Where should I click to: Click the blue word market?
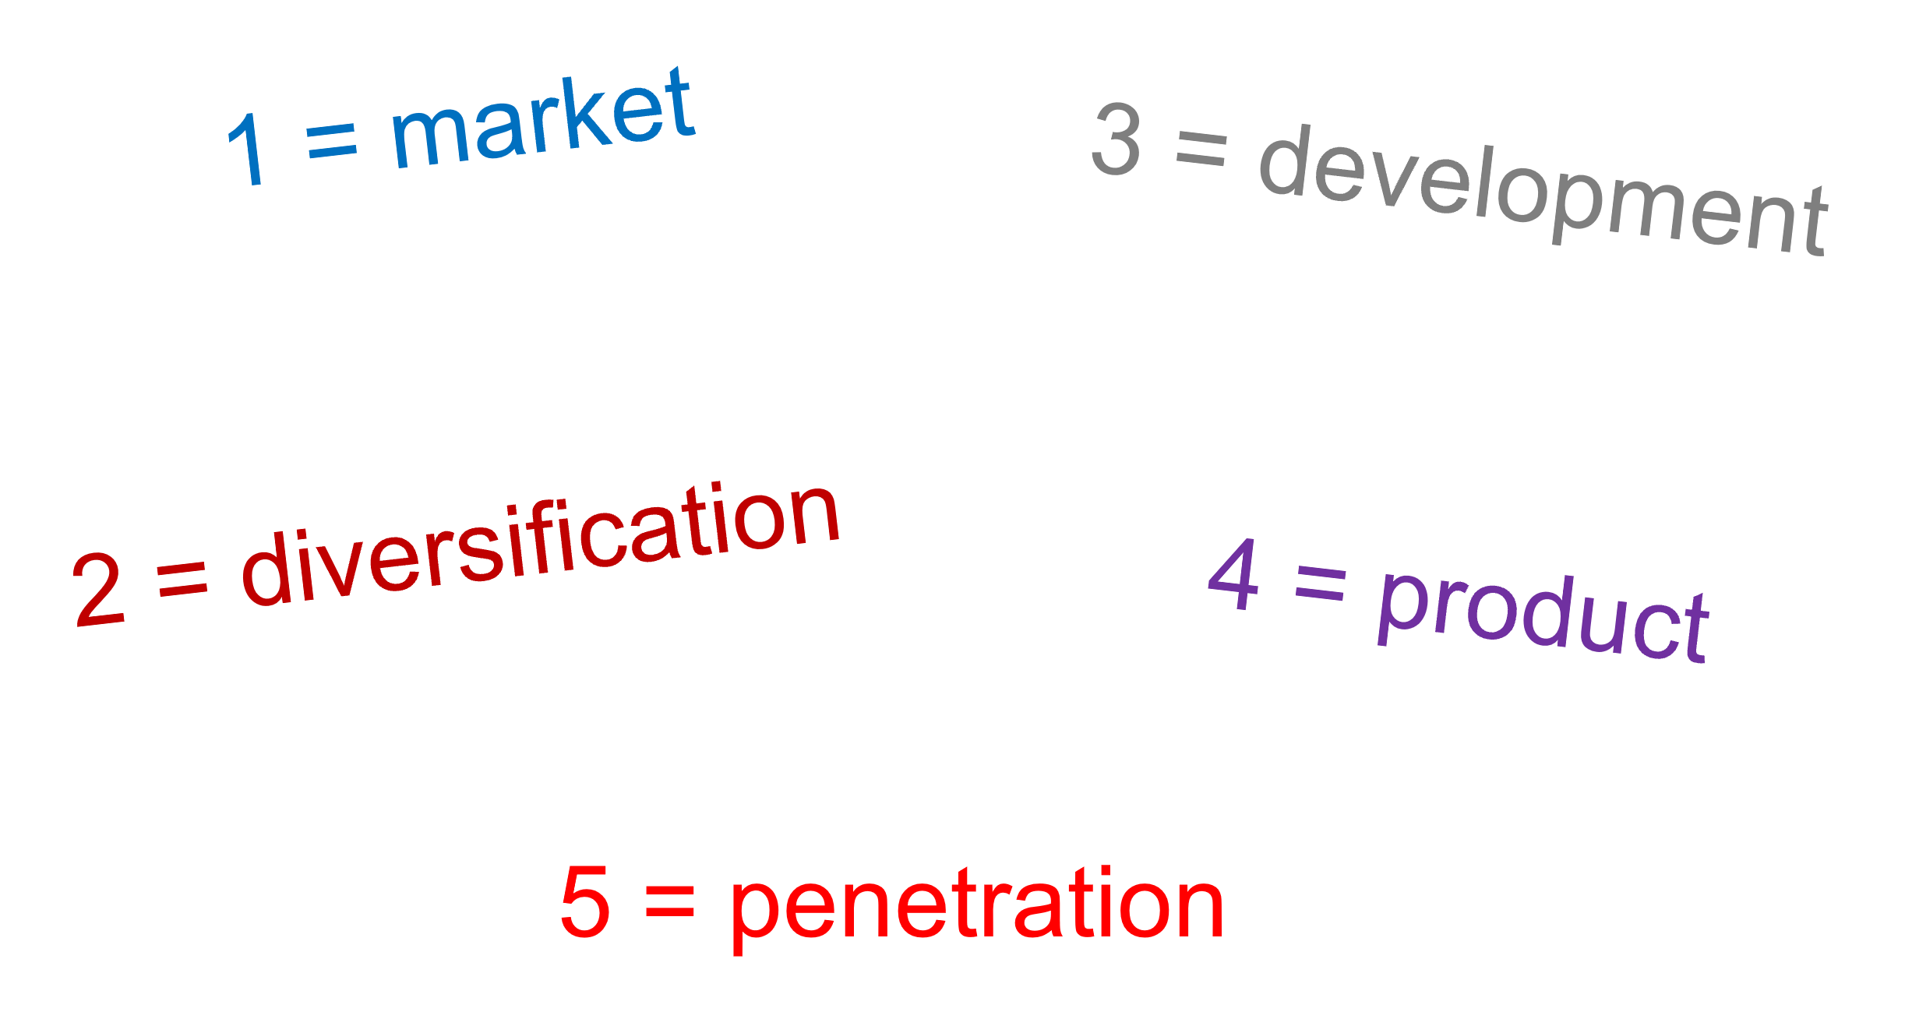(544, 119)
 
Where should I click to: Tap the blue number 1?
(248, 148)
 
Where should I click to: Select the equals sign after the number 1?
(332, 142)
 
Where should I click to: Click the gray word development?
(1543, 191)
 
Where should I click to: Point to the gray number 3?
(1117, 139)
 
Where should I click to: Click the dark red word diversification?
(541, 545)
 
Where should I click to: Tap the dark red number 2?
(98, 589)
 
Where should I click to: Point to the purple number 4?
(1233, 575)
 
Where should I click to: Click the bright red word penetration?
(976, 906)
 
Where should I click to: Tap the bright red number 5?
(585, 901)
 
